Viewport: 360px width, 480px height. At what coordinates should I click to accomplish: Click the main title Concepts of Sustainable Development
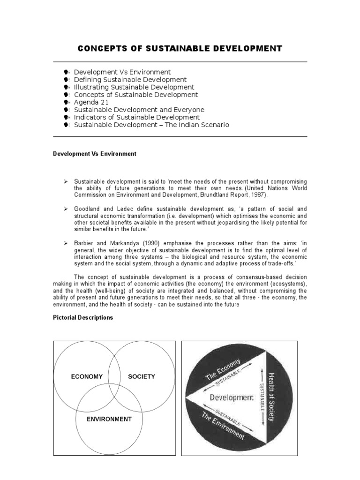pyautogui.click(x=180, y=48)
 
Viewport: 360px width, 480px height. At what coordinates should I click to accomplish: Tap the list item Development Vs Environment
pyautogui.click(x=122, y=72)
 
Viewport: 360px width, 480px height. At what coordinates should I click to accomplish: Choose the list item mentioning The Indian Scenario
pyautogui.click(x=151, y=125)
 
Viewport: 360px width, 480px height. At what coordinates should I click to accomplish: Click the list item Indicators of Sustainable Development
pyautogui.click(x=136, y=117)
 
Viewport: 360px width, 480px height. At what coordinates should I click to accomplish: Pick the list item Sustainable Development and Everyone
pyautogui.click(x=139, y=110)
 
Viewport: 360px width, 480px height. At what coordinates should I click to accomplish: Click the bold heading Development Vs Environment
pyautogui.click(x=94, y=154)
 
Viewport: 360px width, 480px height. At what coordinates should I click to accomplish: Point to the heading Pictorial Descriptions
pyautogui.click(x=82, y=317)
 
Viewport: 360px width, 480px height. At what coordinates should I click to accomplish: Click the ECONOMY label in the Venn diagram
pyautogui.click(x=87, y=376)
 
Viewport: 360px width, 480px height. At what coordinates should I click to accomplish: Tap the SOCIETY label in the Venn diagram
pyautogui.click(x=142, y=376)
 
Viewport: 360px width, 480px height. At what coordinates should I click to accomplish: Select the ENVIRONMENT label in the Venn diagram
pyautogui.click(x=109, y=419)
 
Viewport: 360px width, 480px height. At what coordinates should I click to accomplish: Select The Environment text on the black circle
pyautogui.click(x=223, y=425)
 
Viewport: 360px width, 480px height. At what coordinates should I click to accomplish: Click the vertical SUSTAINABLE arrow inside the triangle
pyautogui.click(x=261, y=397)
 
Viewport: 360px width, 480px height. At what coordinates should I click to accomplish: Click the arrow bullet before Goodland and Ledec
pyautogui.click(x=66, y=208)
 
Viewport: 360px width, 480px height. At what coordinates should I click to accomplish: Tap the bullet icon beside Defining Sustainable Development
pyautogui.click(x=67, y=80)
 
